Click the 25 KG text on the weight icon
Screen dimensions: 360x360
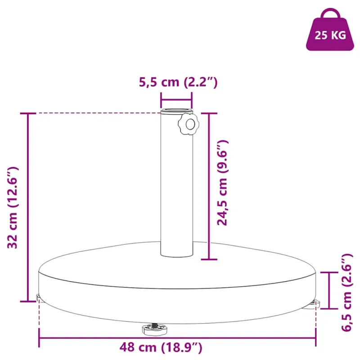[330, 36]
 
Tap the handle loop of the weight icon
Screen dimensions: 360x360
[330, 11]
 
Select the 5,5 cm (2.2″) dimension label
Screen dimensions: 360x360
[178, 82]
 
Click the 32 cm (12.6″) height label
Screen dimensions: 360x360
[13, 207]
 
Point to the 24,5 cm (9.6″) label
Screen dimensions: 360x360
[222, 183]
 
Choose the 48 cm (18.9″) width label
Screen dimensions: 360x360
[161, 347]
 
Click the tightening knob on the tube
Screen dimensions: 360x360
[188, 124]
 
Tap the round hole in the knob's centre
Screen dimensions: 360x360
[190, 125]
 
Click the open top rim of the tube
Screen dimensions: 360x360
[176, 110]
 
